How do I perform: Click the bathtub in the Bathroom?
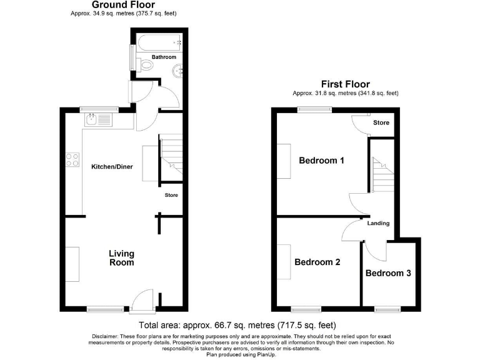point(159,44)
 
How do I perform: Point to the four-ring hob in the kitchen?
point(71,159)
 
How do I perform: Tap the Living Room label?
point(121,258)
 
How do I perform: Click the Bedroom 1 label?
point(321,161)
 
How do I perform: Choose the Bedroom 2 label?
point(317,262)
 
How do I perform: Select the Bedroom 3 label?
point(388,273)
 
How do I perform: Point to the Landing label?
point(378,223)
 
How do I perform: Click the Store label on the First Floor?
point(381,123)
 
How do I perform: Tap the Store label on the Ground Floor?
point(171,196)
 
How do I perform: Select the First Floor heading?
point(345,84)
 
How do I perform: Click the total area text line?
point(237,325)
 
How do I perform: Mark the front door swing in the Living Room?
point(142,297)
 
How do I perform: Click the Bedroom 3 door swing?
point(376,251)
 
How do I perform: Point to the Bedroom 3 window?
point(387,308)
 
